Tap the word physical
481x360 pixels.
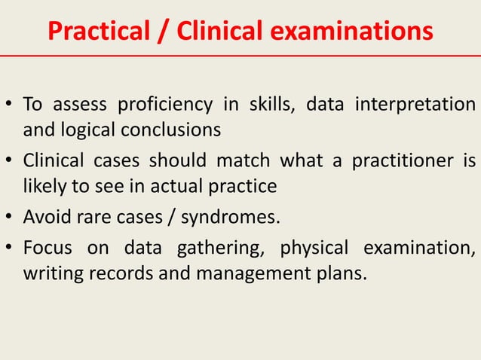coord(314,249)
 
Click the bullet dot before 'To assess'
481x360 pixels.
coord(11,105)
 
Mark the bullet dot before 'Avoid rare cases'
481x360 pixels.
coord(11,219)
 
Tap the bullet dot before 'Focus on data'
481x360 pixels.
coord(11,248)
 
